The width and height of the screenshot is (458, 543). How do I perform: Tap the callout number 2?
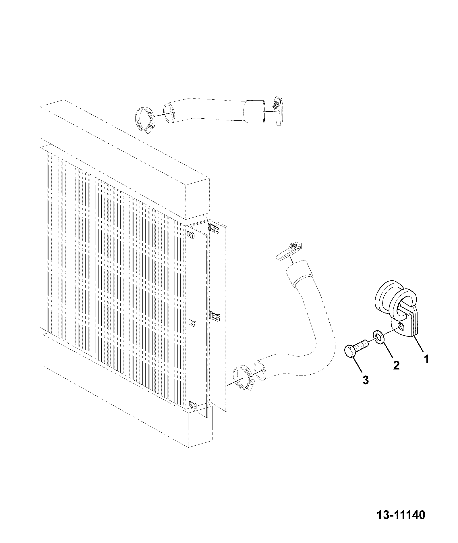396,365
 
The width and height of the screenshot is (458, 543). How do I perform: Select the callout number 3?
365,380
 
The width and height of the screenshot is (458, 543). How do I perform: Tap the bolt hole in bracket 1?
403,325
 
